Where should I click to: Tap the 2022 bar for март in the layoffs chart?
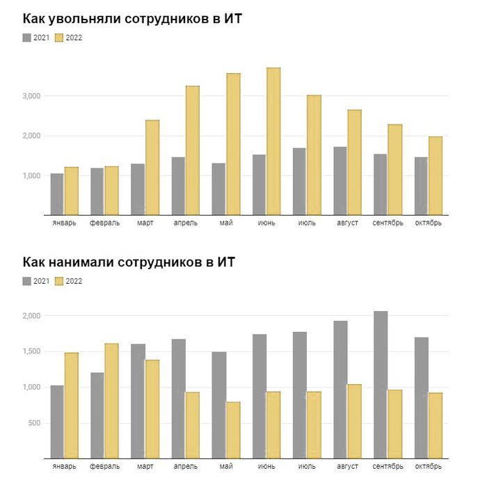[152, 168]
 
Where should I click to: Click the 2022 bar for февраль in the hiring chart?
[112, 401]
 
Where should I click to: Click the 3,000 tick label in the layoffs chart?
[31, 96]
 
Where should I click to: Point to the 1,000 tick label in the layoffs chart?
[31, 176]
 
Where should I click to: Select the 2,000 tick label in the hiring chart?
[31, 316]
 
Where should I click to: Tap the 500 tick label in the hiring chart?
[34, 423]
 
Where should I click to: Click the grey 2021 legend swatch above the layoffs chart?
[27, 38]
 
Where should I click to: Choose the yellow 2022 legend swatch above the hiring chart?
[59, 281]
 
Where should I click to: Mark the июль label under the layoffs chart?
[307, 223]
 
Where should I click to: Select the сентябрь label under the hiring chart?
[388, 467]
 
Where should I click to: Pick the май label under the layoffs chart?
[226, 223]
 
